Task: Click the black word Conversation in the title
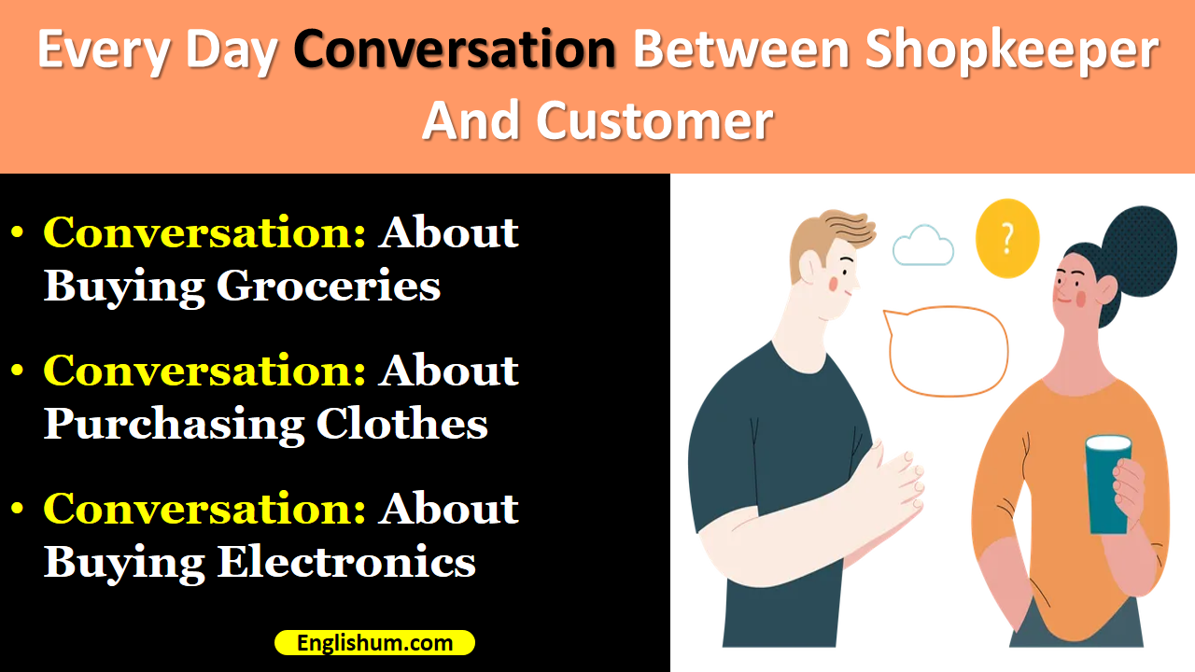tap(455, 49)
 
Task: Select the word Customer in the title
tap(654, 120)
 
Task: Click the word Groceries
tap(329, 286)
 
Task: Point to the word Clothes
tap(401, 423)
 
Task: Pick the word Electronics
tap(346, 561)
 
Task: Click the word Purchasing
tap(174, 426)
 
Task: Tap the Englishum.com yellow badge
tap(374, 643)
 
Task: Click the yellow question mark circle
tap(1007, 238)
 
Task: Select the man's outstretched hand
tap(891, 480)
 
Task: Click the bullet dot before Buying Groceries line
tap(17, 232)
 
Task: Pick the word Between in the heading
tap(740, 49)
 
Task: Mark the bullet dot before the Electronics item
tap(17, 509)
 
